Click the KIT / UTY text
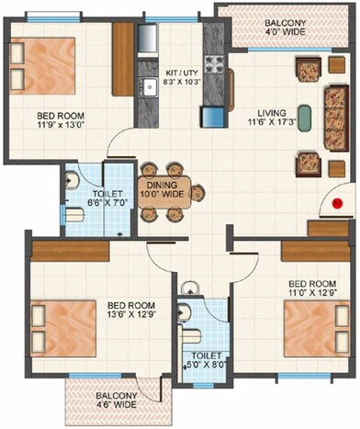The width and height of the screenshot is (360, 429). click(181, 76)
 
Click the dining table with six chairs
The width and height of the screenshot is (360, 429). click(162, 192)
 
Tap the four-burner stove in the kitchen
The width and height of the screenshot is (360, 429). click(214, 64)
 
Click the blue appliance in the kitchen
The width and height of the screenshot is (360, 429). click(213, 117)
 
